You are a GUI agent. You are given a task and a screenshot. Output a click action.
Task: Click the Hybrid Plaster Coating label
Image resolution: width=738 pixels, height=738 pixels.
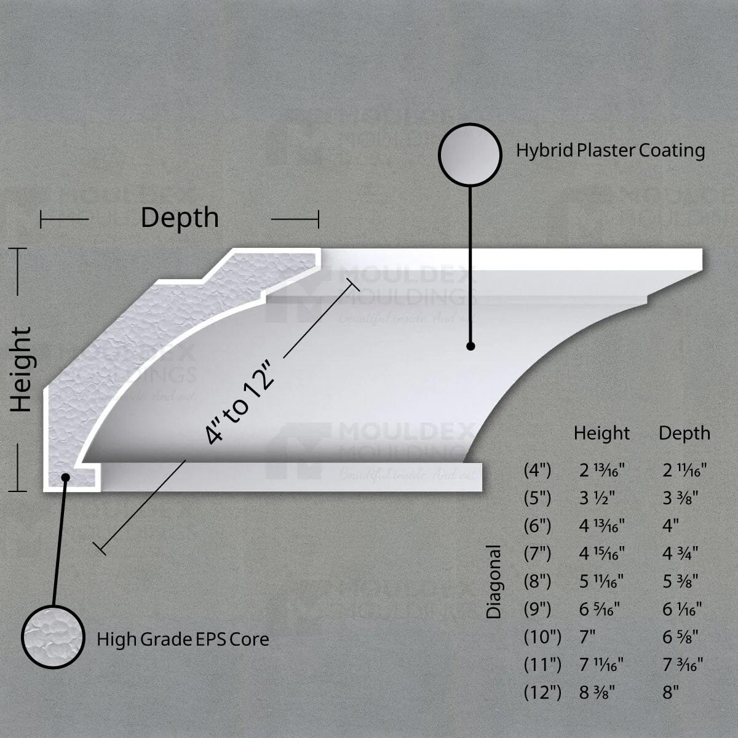coord(610,151)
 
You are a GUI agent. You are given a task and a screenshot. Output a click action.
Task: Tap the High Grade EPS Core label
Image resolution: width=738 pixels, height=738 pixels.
coord(183,640)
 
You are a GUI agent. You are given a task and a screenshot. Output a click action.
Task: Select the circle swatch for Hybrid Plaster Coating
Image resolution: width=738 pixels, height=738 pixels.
coord(470,154)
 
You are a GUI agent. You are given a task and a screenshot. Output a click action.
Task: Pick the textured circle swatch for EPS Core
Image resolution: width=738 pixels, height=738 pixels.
coord(53,637)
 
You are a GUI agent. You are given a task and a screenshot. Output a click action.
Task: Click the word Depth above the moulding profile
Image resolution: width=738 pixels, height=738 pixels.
coord(180,218)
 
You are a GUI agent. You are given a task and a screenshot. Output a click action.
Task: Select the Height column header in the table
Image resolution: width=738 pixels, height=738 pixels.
coord(601,434)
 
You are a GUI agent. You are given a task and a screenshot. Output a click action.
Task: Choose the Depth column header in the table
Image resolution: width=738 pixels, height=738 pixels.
coord(684,434)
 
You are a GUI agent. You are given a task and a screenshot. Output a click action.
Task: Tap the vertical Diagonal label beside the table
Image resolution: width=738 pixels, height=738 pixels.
coord(494,581)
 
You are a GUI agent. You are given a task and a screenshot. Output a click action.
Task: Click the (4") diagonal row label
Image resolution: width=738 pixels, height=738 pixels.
coord(538,470)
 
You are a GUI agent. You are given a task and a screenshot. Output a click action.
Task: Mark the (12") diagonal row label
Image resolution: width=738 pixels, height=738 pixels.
coord(542,692)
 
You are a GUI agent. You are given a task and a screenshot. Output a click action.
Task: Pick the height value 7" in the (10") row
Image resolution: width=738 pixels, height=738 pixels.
coord(588,637)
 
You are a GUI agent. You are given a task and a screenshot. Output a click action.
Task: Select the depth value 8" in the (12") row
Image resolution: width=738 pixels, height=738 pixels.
coord(670,692)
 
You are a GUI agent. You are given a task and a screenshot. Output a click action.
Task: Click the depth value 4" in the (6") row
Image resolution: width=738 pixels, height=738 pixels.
coord(670,526)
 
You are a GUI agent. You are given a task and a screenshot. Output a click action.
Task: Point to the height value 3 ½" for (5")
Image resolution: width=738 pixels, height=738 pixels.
coord(597,498)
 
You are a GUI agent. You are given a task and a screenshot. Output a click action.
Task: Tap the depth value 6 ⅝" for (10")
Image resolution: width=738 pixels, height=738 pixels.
coord(679,637)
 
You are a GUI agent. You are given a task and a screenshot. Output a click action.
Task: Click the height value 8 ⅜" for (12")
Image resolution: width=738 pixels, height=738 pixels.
coord(597,692)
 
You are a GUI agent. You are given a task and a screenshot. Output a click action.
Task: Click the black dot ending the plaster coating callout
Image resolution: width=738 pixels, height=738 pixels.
coord(470,346)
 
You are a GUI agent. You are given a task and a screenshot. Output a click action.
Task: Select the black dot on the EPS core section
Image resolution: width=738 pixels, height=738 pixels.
coord(65,477)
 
